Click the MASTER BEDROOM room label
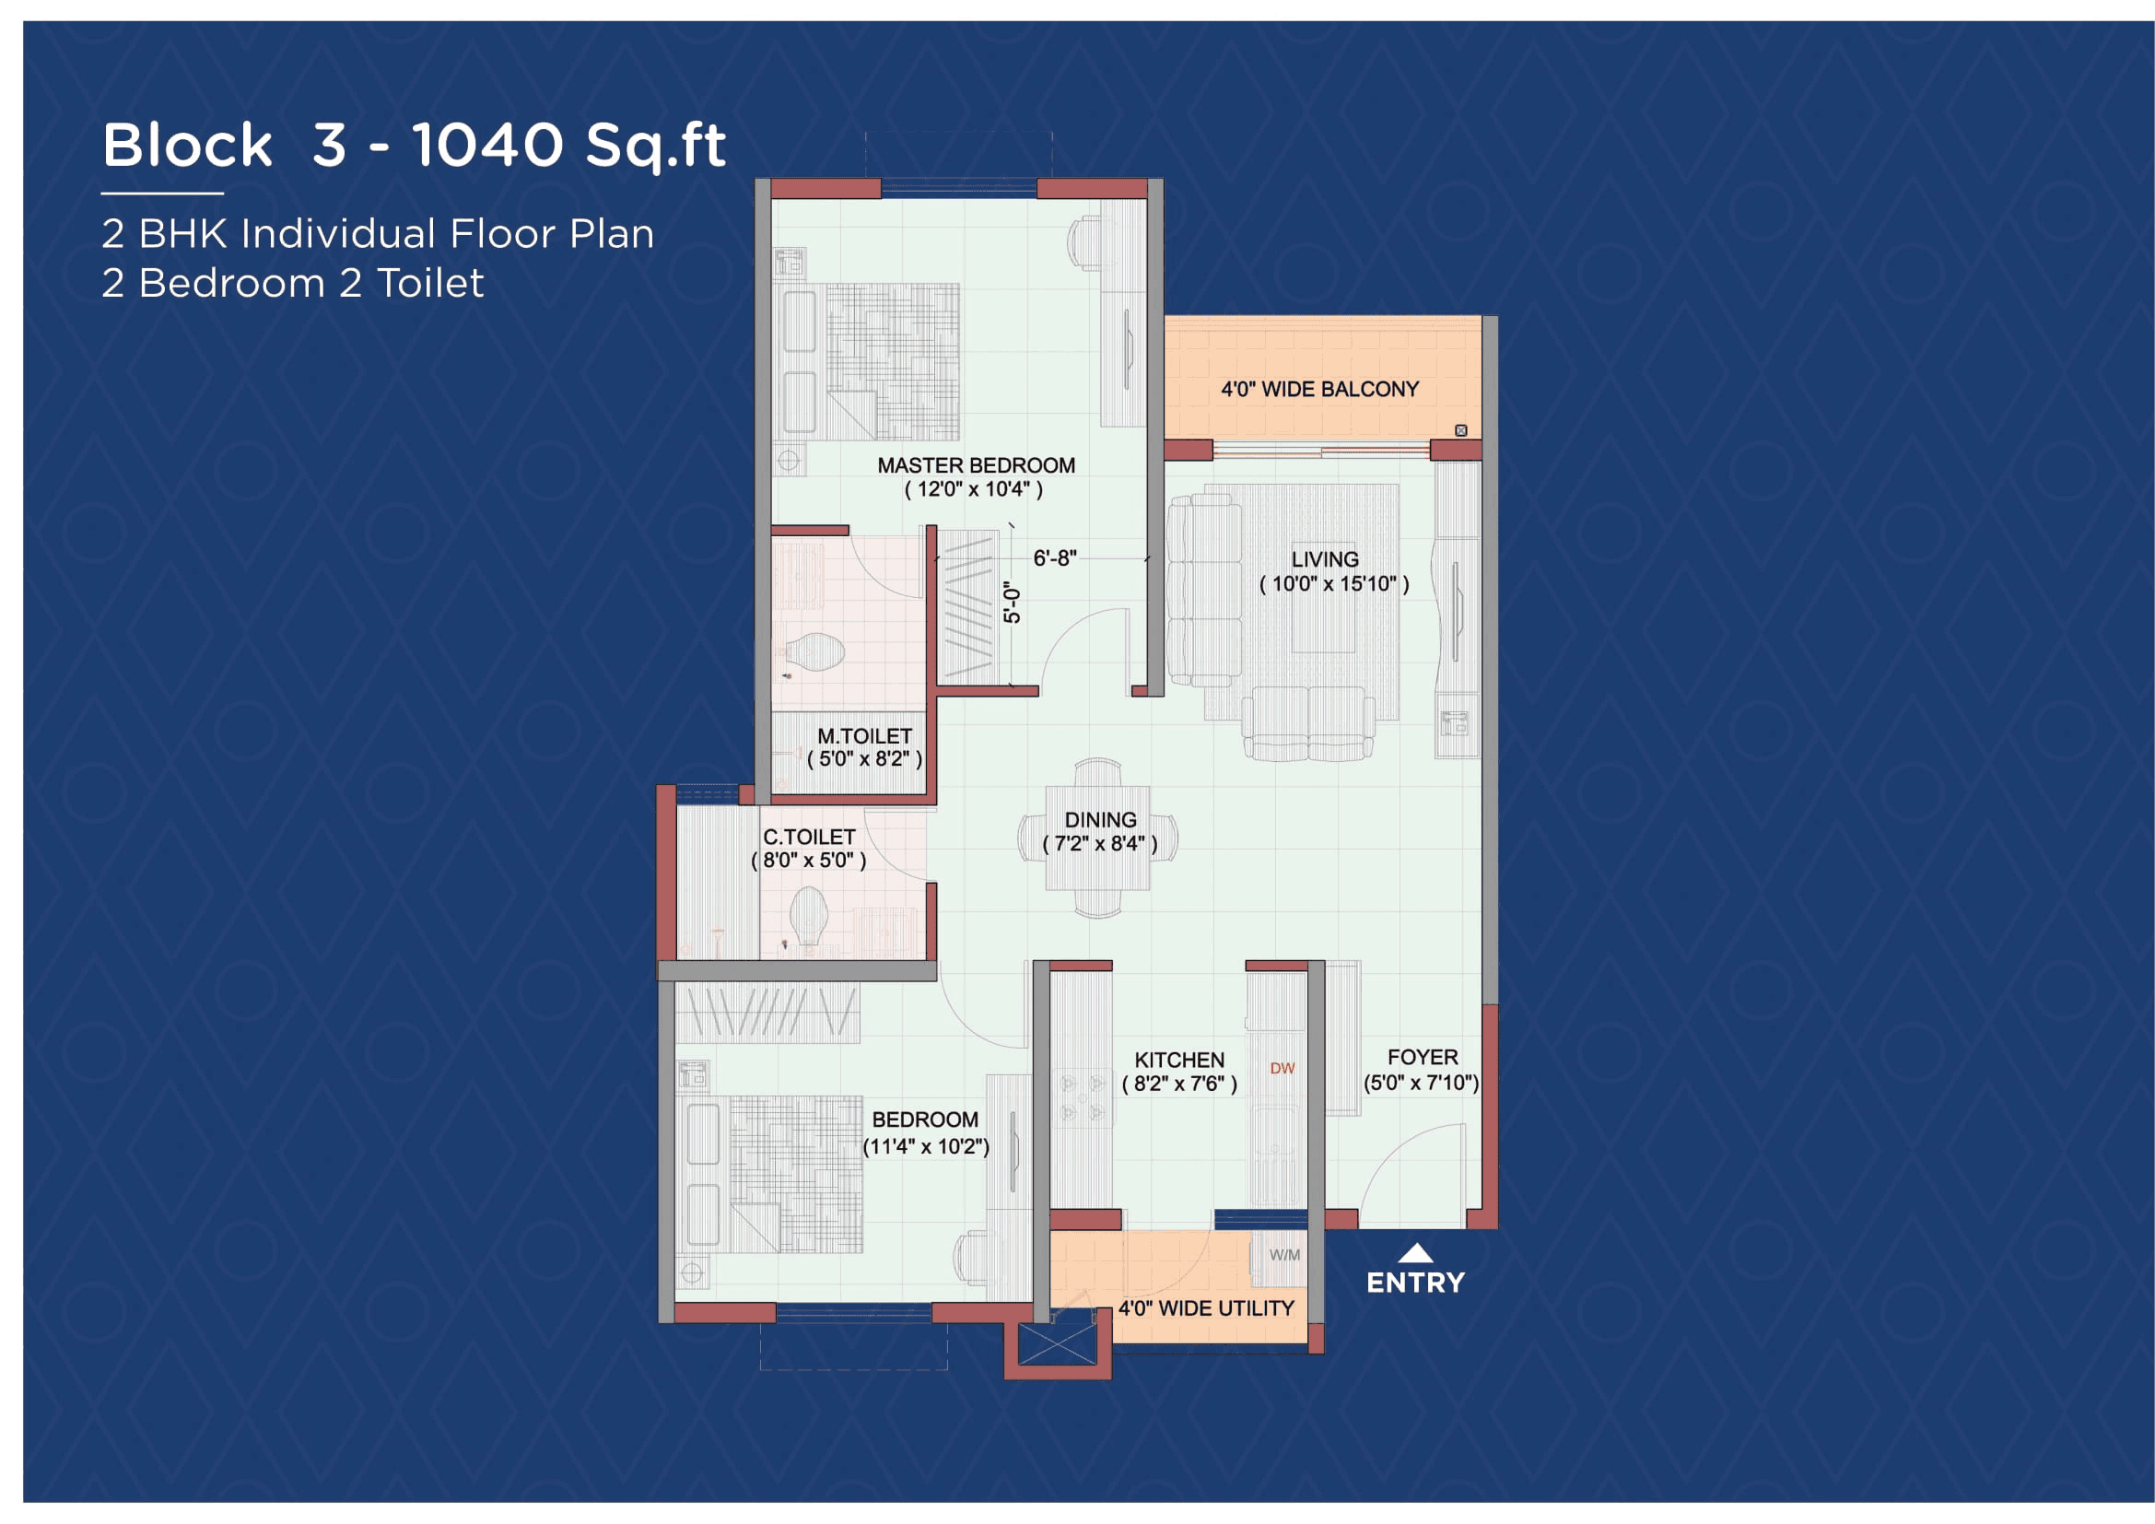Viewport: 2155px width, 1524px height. pos(975,466)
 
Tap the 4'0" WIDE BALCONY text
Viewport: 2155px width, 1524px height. pos(1318,390)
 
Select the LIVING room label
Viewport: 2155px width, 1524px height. pos(1324,560)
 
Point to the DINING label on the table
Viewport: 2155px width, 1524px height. pos(1100,821)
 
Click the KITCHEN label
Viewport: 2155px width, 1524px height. pos(1179,1061)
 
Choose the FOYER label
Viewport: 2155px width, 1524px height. pos(1422,1058)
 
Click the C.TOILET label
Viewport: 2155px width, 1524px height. pos(808,837)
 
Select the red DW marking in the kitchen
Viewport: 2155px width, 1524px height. pos(1282,1069)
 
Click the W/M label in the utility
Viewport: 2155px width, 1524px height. pos(1284,1256)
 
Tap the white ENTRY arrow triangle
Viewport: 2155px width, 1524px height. pos(1415,1254)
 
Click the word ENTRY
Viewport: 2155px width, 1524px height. pos(1415,1283)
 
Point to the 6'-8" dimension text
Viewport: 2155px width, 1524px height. pos(1054,558)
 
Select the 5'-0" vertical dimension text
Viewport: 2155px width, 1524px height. pos(1012,603)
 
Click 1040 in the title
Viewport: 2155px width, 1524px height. pos(487,146)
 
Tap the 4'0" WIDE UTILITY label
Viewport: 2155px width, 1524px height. pos(1205,1308)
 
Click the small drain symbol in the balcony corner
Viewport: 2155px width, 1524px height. pos(1460,430)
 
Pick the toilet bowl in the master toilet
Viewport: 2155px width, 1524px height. pos(814,652)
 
